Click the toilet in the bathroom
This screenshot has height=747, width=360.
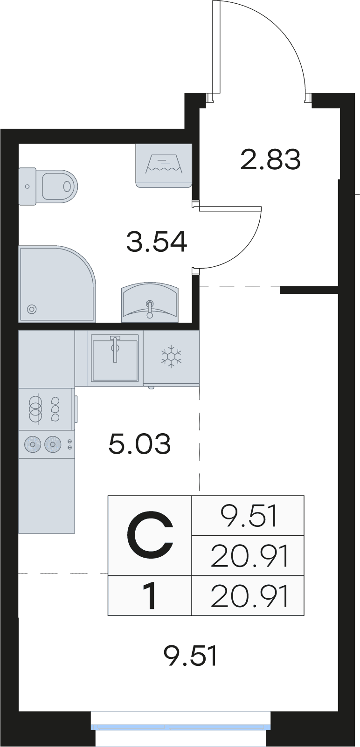[48, 187]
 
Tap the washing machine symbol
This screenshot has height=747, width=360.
[164, 166]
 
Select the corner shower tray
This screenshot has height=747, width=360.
[57, 284]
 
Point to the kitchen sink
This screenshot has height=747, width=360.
[115, 358]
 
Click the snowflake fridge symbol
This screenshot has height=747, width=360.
[171, 356]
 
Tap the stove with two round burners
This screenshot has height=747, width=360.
[46, 444]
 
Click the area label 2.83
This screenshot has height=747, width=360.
[270, 159]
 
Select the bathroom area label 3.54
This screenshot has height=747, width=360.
[157, 242]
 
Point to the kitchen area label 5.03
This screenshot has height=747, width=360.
[139, 443]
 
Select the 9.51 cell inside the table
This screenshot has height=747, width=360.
[248, 516]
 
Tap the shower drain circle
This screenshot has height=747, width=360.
[32, 309]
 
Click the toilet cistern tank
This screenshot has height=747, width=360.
[28, 187]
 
